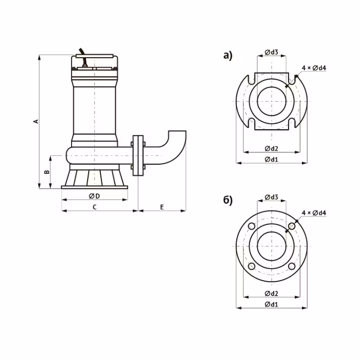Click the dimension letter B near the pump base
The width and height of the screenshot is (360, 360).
coord(45,172)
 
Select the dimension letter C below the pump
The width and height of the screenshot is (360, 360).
coord(94,207)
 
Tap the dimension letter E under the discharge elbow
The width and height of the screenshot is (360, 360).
coord(162,207)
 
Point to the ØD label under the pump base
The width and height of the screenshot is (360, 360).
coord(94,196)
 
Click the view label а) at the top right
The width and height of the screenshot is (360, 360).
coord(228,56)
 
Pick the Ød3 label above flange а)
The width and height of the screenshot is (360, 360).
coord(271,53)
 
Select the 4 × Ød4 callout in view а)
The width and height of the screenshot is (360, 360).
coord(314,67)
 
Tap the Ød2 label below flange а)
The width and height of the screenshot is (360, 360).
coord(271,148)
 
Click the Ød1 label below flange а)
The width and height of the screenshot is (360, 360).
coord(271,159)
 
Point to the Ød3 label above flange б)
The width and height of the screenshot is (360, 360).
coord(271,197)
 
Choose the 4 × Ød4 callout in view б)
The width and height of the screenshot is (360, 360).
coord(314,212)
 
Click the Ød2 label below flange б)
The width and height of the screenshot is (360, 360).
coord(271,293)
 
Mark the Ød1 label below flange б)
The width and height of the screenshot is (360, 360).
coord(271,304)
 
